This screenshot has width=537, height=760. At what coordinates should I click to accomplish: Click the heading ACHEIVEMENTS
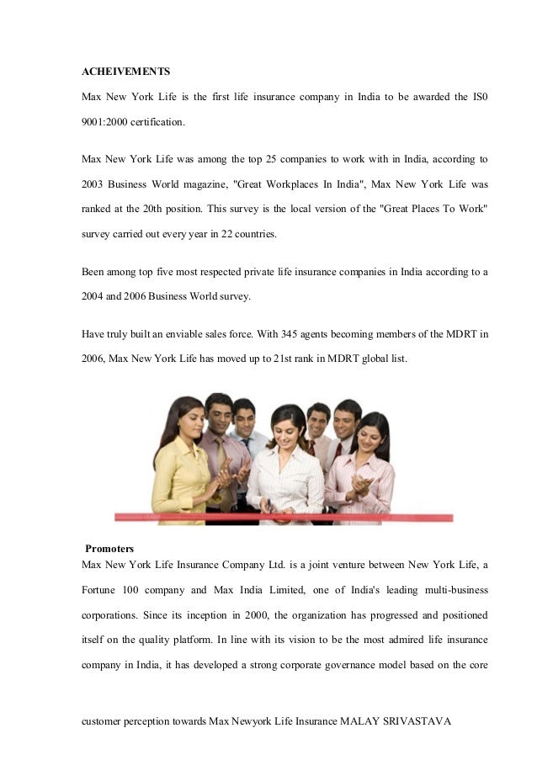click(125, 72)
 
